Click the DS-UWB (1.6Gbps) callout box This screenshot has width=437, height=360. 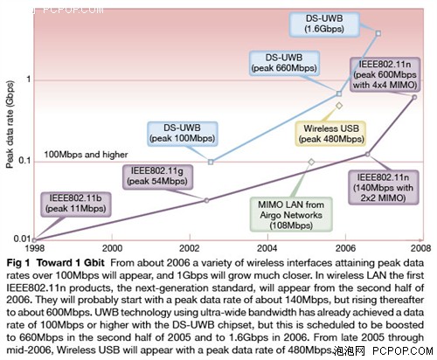tap(324, 24)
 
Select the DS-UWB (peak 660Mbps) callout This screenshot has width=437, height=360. tap(284, 63)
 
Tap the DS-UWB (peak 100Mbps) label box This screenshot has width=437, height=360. tap(183, 134)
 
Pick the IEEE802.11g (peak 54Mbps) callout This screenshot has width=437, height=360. tap(157, 177)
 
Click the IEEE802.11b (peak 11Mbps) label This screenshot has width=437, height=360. tap(76, 204)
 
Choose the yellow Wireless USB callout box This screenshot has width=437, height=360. tap(331, 134)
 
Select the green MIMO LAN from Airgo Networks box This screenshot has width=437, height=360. tap(291, 215)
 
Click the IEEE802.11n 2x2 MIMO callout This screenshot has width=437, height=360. tap(384, 187)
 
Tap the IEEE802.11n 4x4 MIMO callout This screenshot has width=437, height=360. tap(385, 74)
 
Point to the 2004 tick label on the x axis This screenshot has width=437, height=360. tap(267, 248)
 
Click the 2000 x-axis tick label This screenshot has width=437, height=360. tap(112, 248)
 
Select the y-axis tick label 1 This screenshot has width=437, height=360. tap(28, 79)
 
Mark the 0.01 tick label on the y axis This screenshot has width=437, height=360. tap(22, 239)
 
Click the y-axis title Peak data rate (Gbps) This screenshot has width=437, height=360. tap(10, 124)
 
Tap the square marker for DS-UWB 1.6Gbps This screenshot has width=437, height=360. tap(378, 33)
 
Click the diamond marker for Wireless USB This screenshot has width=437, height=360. tap(339, 106)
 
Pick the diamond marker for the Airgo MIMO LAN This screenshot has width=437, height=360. tap(311, 162)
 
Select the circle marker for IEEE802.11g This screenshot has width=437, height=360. tap(206, 200)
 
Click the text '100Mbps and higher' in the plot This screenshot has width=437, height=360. tap(86, 155)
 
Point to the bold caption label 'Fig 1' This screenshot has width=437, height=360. tap(18, 263)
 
